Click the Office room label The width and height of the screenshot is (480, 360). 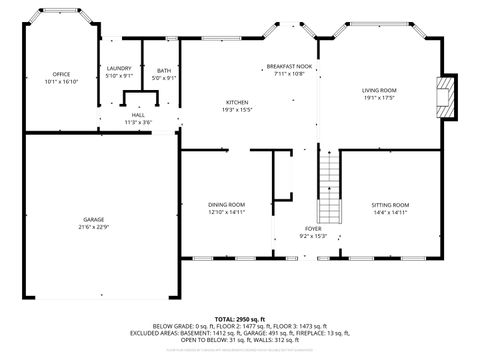pos(61,75)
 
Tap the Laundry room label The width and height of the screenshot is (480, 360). pos(119,69)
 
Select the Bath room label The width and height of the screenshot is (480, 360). pos(164,70)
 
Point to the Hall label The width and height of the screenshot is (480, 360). pos(138,115)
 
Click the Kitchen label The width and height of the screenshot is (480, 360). pos(237,103)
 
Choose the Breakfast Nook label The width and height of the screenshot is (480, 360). pos(289,67)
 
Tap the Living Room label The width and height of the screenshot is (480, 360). pos(379,90)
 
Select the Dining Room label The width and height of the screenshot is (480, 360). pos(227,205)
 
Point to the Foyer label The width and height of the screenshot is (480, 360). pos(313,229)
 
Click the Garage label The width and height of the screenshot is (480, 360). pos(94,219)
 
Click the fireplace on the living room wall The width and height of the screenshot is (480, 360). pos(447,99)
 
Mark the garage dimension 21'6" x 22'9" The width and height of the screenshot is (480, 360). pos(94,226)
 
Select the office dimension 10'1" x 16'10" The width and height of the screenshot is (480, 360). pos(61,82)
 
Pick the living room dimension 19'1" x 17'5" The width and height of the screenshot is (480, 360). pos(379,97)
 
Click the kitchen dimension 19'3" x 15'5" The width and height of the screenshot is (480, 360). pos(237,110)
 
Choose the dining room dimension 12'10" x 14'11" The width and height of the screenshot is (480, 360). pos(227,212)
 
